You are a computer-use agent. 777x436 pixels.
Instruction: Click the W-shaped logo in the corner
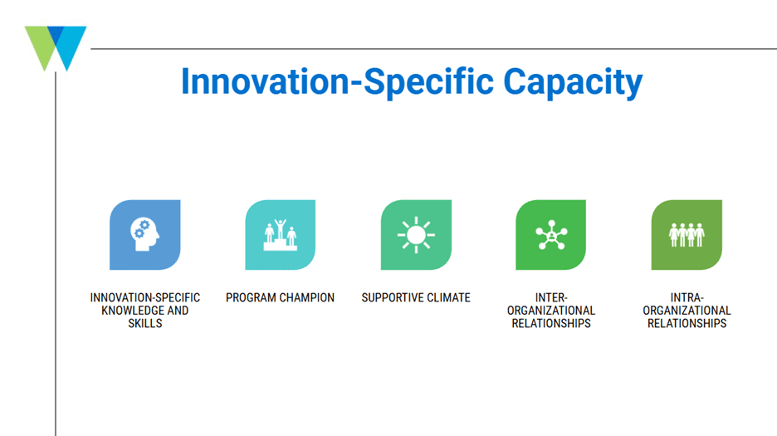coord(56,48)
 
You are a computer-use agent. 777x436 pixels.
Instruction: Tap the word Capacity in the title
coord(573,83)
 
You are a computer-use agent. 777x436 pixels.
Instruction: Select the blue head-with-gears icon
coord(144,235)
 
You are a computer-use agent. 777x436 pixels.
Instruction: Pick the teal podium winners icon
coord(281,235)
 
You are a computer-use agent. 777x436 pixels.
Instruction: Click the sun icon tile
coord(416,235)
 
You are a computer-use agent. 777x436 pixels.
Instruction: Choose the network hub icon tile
coord(551,235)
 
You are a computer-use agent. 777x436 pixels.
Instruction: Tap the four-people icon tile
coord(687,235)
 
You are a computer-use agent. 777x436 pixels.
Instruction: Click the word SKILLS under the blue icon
coord(145,323)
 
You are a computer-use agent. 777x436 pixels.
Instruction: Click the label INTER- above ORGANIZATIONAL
coord(551,297)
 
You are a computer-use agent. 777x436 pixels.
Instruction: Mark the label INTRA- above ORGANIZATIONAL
coord(687,297)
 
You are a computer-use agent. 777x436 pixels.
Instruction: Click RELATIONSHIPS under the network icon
coord(551,323)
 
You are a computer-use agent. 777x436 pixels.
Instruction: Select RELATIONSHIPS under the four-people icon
coord(687,323)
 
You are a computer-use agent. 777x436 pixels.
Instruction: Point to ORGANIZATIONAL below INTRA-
coord(687,311)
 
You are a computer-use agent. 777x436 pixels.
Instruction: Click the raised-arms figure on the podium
coord(281,229)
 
